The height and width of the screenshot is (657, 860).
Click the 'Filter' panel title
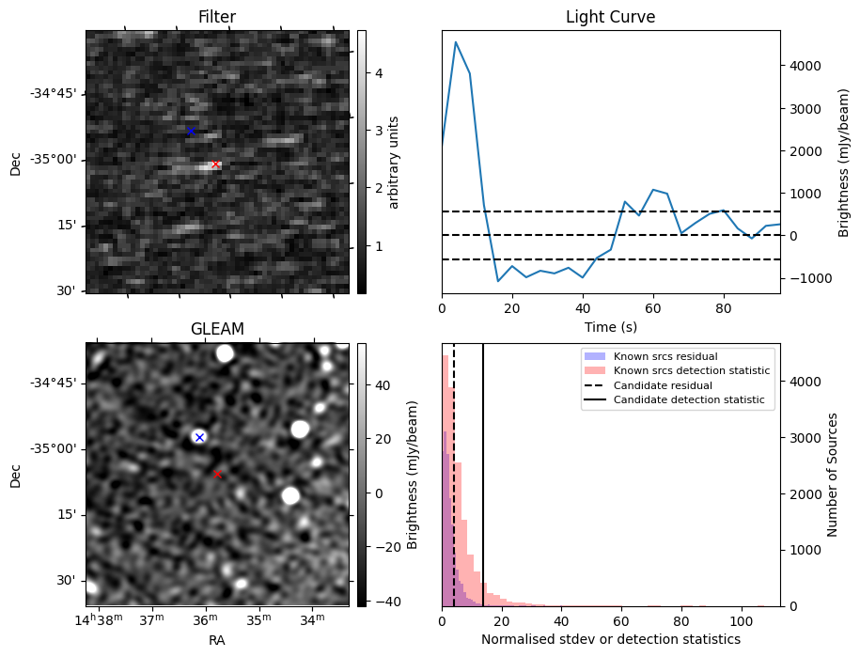click(x=216, y=17)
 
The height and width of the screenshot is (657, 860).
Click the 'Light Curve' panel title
click(x=610, y=17)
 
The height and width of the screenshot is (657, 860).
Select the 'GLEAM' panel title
click(x=216, y=329)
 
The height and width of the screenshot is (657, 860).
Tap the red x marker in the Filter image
click(x=215, y=164)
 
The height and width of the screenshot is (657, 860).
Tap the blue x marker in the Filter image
click(x=191, y=132)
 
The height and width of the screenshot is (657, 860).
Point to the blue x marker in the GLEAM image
click(x=198, y=437)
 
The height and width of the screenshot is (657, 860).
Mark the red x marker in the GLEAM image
click(x=217, y=474)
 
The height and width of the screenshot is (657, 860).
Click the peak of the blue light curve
click(x=456, y=42)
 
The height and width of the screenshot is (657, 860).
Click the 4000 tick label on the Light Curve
click(x=807, y=66)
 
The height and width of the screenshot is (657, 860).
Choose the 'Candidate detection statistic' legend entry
click(x=689, y=400)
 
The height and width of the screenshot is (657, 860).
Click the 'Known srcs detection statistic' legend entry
click(x=691, y=371)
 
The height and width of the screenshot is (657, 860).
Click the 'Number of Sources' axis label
click(x=833, y=475)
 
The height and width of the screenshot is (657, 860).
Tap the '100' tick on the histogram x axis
click(x=742, y=620)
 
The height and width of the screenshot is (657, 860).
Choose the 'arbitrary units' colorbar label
click(x=394, y=162)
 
